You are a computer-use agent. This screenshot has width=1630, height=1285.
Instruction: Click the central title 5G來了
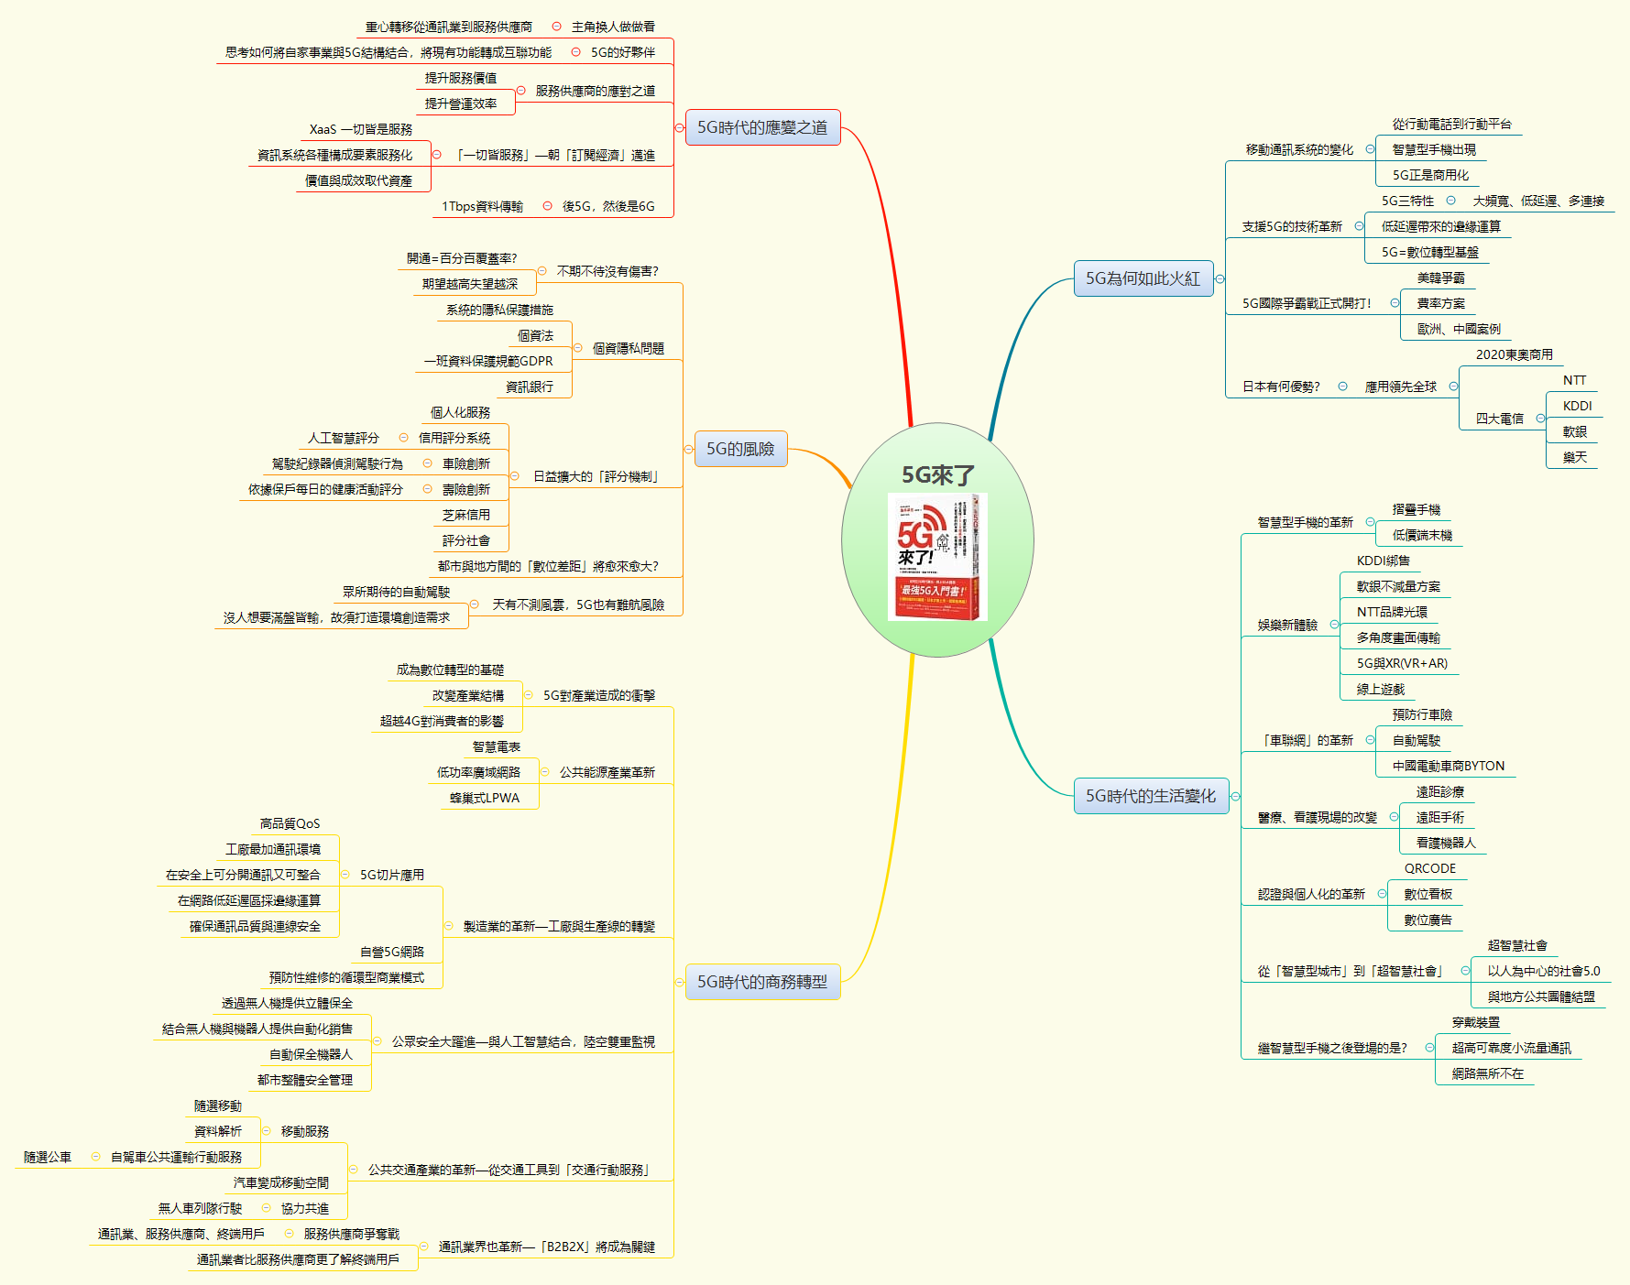pyautogui.click(x=937, y=474)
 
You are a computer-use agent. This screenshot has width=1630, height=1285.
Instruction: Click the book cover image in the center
pyautogui.click(x=936, y=557)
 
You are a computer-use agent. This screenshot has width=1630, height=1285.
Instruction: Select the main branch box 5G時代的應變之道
pyautogui.click(x=762, y=127)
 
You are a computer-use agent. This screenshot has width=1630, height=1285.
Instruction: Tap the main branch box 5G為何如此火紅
pyautogui.click(x=1143, y=278)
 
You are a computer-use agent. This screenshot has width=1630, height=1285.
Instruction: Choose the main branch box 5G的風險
pyautogui.click(x=740, y=449)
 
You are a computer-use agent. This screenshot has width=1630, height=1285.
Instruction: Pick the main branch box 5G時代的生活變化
pyautogui.click(x=1151, y=796)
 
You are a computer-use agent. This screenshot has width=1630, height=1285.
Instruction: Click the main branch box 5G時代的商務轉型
pyautogui.click(x=762, y=982)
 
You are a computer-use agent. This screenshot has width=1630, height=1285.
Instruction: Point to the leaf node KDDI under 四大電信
pyautogui.click(x=1577, y=406)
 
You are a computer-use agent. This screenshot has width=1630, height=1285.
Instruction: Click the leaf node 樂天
pyautogui.click(x=1574, y=457)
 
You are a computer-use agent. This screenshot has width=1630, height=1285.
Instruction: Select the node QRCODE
pyautogui.click(x=1429, y=868)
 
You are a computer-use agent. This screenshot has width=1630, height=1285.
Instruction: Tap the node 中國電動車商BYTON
pyautogui.click(x=1448, y=766)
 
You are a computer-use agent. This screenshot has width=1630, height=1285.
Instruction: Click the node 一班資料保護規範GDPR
pyautogui.click(x=488, y=361)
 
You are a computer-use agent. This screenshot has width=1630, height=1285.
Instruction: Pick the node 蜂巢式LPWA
pyautogui.click(x=484, y=798)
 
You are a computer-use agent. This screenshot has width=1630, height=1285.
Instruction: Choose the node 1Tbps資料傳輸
pyautogui.click(x=482, y=206)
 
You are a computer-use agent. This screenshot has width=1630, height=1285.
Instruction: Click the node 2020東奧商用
pyautogui.click(x=1514, y=354)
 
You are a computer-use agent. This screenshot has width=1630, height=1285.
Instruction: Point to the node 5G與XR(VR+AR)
pyautogui.click(x=1402, y=663)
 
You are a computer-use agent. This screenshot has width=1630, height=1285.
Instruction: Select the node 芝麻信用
pyautogui.click(x=465, y=515)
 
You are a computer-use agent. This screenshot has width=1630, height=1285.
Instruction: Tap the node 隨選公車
pyautogui.click(x=48, y=1157)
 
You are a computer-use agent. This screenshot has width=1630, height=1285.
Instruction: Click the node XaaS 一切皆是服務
pyautogui.click(x=360, y=129)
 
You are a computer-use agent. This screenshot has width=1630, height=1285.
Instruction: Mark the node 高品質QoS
pyautogui.click(x=290, y=823)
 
